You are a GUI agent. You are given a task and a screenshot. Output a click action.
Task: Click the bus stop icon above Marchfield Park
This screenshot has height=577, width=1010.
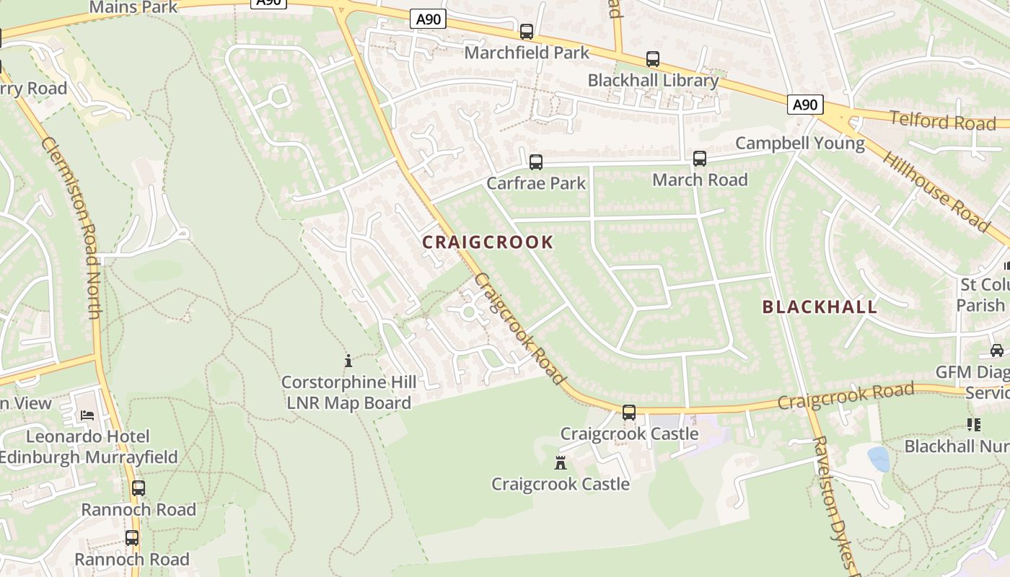(527, 32)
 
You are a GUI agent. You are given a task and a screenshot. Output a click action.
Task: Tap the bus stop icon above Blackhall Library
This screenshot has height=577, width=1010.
(653, 59)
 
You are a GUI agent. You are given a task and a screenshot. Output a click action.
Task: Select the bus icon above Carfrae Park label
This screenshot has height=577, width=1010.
(536, 162)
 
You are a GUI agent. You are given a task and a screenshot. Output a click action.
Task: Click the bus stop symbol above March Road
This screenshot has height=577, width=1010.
(700, 159)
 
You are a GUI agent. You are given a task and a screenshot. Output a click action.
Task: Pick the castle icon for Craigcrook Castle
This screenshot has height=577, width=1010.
(561, 462)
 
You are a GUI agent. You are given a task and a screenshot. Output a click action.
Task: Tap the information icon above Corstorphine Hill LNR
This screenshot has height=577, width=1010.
(348, 361)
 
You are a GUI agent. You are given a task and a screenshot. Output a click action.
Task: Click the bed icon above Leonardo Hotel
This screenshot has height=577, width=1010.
(87, 415)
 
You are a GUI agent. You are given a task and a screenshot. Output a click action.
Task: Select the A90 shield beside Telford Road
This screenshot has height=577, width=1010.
(804, 105)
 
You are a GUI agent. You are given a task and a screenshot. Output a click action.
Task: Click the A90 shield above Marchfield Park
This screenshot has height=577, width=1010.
(428, 19)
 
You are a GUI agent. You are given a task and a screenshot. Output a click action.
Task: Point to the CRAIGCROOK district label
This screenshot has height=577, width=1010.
(488, 242)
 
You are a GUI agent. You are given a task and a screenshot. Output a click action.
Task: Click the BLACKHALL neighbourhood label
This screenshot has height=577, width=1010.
(820, 307)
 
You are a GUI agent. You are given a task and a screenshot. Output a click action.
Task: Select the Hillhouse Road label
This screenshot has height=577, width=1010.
(936, 191)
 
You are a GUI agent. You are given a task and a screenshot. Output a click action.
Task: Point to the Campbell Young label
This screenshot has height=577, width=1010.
(799, 143)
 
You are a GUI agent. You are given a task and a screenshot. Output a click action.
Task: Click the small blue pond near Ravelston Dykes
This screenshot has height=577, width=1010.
(878, 459)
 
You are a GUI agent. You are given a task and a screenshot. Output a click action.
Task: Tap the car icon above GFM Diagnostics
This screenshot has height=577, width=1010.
(996, 351)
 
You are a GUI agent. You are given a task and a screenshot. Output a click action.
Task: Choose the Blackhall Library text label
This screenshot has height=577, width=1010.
(653, 80)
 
